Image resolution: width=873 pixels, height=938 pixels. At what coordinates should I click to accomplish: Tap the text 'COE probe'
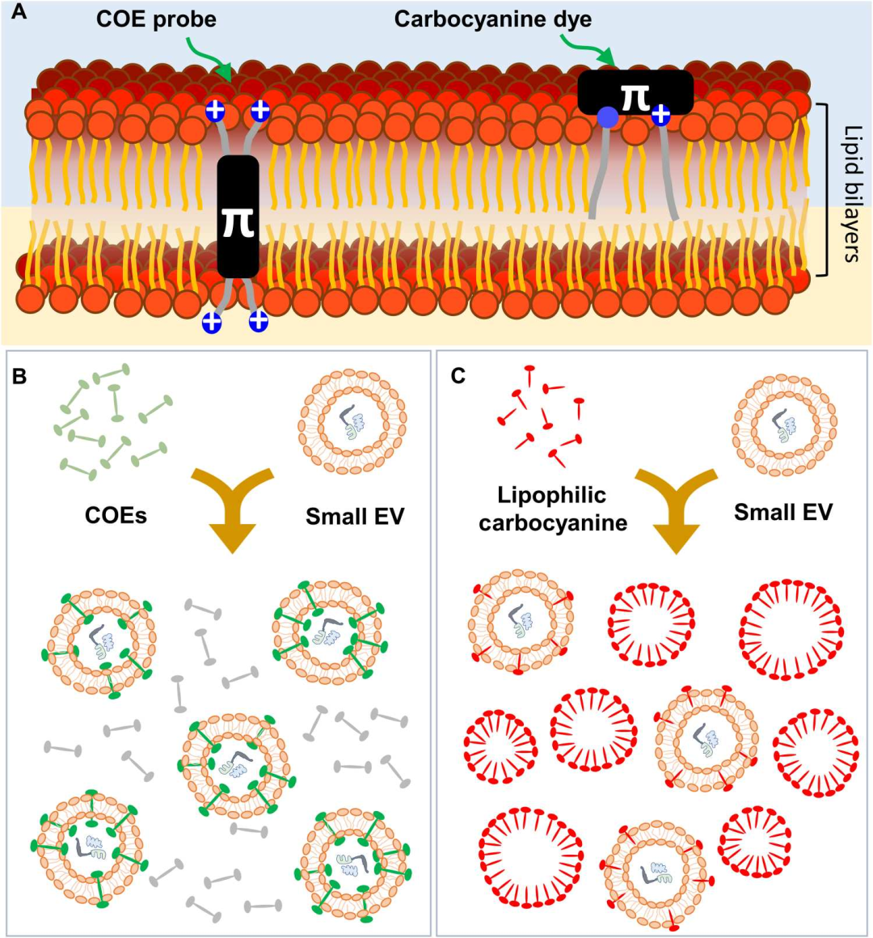click(x=156, y=19)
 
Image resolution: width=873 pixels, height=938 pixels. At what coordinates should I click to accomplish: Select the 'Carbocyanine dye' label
click(x=493, y=19)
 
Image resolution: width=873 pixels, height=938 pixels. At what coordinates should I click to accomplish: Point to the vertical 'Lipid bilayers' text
click(x=851, y=194)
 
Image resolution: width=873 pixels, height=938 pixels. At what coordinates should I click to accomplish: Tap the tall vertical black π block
click(x=238, y=217)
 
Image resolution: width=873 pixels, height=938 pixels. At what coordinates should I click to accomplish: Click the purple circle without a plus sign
click(x=607, y=118)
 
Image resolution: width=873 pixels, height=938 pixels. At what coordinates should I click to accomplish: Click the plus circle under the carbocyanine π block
click(x=660, y=115)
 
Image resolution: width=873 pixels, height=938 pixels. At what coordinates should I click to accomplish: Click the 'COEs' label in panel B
click(x=116, y=515)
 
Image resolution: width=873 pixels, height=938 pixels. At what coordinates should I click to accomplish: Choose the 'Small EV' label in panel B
click(x=354, y=515)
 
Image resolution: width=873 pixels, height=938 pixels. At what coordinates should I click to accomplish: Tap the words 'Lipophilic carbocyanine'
click(x=553, y=509)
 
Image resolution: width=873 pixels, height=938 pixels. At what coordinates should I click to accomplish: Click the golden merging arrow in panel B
click(x=232, y=509)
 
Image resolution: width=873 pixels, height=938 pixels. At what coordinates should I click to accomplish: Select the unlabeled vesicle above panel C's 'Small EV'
click(x=784, y=425)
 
